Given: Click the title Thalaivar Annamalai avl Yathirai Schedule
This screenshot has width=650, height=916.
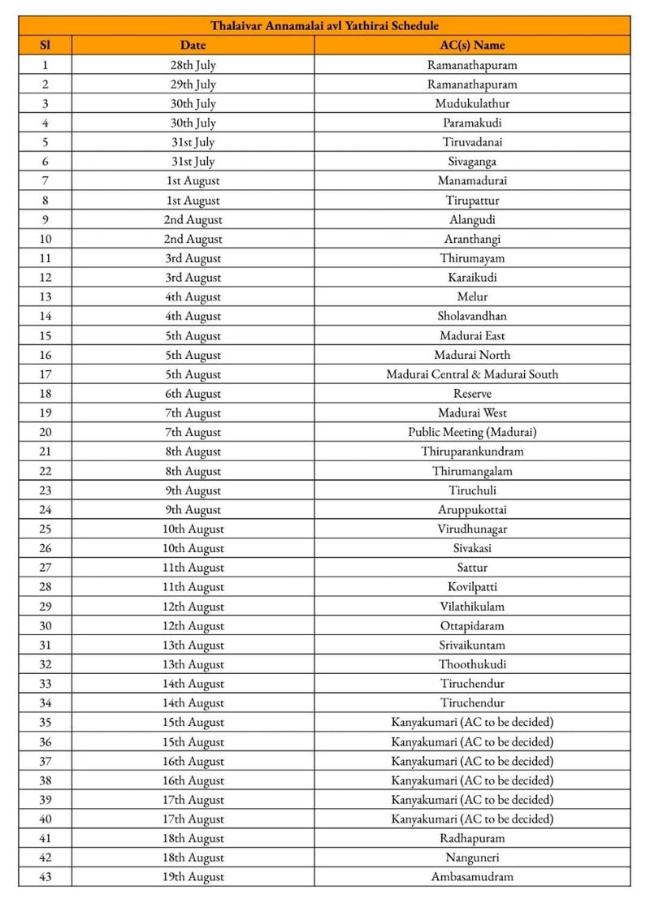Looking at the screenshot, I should point(325,26).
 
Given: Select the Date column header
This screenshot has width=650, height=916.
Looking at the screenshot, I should point(193,45).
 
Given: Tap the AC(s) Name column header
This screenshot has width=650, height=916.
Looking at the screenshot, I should point(472,45).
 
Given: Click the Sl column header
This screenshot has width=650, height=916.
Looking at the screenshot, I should point(45,45).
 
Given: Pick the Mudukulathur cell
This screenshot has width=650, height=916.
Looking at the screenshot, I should point(472,104).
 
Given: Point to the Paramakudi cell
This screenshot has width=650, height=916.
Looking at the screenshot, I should point(472,123).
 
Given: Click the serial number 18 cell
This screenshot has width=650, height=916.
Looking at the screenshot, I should point(45,394).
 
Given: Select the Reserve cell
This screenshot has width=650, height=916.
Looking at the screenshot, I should point(472,394).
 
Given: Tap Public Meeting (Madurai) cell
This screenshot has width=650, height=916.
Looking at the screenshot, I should point(472,432).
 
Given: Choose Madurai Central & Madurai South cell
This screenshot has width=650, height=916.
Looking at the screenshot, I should point(472,374).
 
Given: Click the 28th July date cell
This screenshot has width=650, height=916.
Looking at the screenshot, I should point(193,65).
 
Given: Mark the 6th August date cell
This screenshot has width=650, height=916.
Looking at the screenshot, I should point(193,394).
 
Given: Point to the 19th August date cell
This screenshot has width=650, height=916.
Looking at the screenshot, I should point(193,877).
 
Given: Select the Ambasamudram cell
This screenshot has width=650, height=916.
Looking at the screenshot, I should point(472,877).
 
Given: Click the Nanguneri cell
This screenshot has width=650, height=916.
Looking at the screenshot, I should point(472,858).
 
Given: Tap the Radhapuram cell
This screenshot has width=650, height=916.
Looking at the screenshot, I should point(472,838).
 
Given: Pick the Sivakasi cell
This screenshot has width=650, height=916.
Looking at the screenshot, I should point(472,548).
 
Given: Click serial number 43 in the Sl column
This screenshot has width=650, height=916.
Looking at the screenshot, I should point(45,877).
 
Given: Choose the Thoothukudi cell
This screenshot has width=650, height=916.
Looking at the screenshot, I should point(472,664).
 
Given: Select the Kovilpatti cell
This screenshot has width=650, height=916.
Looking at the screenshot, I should point(472,587).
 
